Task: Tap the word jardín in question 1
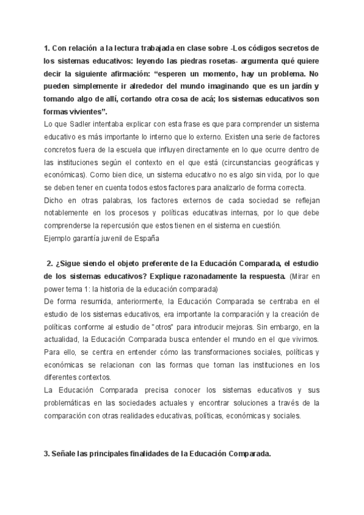pyautogui.click(x=305, y=86)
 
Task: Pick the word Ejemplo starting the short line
pyautogui.click(x=59, y=239)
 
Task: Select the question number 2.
pyautogui.click(x=49, y=263)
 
